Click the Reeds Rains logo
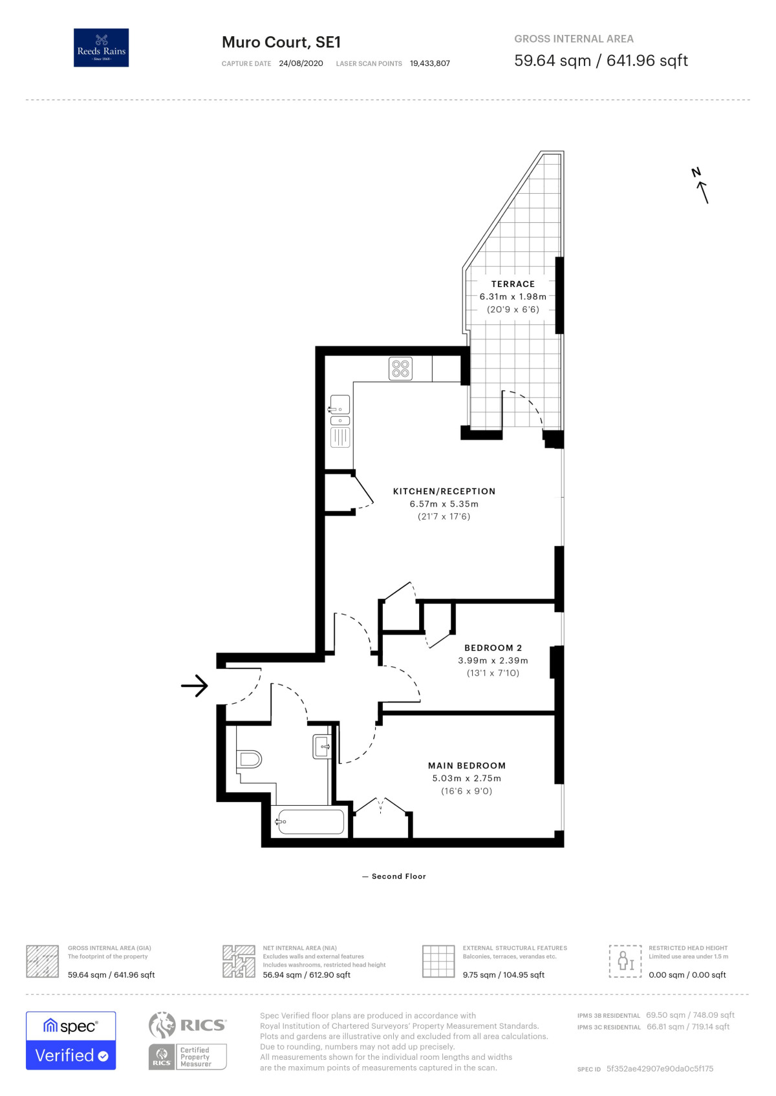click(x=101, y=47)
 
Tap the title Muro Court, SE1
click(x=281, y=42)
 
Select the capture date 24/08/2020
click(x=301, y=63)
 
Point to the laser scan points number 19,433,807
click(x=429, y=63)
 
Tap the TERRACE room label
click(x=513, y=284)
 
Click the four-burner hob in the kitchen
click(x=400, y=369)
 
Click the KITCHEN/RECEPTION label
click(x=444, y=491)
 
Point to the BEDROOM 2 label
click(x=493, y=648)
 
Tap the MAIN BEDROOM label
click(x=467, y=766)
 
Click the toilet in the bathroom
click(x=249, y=759)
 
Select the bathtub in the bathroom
click(x=309, y=821)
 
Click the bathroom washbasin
click(x=321, y=747)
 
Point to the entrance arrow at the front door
click(x=195, y=686)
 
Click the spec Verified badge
click(x=71, y=1040)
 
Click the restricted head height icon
click(x=625, y=961)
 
